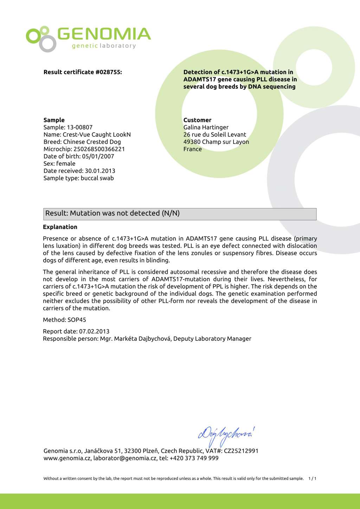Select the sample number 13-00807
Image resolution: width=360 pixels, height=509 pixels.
[x=79, y=127]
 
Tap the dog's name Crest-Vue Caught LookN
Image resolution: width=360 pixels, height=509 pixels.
[x=97, y=135]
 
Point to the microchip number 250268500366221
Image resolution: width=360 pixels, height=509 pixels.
[x=99, y=149]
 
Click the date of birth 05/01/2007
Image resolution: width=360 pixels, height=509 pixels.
[x=98, y=156]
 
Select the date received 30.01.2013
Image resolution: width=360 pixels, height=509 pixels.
[x=100, y=171]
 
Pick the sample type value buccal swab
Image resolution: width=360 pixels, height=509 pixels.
[x=97, y=178]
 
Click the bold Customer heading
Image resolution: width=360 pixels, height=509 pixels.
[x=197, y=120]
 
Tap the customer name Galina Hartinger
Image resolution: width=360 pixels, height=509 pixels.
[x=206, y=127]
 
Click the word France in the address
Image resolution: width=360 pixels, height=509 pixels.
[x=193, y=149]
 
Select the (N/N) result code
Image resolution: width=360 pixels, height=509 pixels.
[x=171, y=213]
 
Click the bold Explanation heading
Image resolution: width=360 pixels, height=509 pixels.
[x=60, y=227]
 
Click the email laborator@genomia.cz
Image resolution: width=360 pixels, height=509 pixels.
[x=125, y=458]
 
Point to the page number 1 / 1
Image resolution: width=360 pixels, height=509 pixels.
[x=312, y=478]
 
